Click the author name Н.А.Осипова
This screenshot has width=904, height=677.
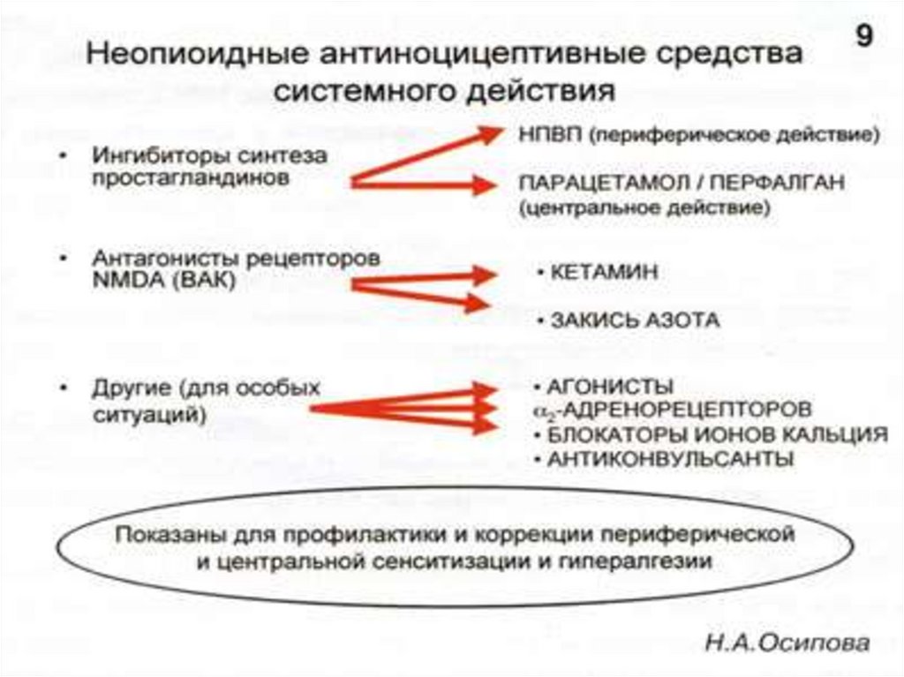(x=785, y=643)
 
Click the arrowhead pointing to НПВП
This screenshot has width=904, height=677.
(x=488, y=135)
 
